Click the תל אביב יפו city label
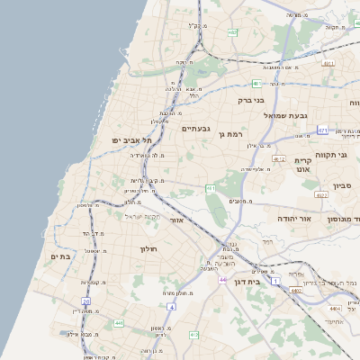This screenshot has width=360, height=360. [x=131, y=140]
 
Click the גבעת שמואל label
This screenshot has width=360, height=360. [x=262, y=116]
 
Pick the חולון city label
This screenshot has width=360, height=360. [x=148, y=248]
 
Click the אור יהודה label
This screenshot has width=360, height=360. [x=318, y=219]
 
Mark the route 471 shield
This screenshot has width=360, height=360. [x=322, y=130]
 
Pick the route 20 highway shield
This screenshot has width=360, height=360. [x=86, y=301]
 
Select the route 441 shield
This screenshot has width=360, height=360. [x=118, y=321]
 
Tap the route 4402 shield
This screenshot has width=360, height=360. [x=295, y=291]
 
